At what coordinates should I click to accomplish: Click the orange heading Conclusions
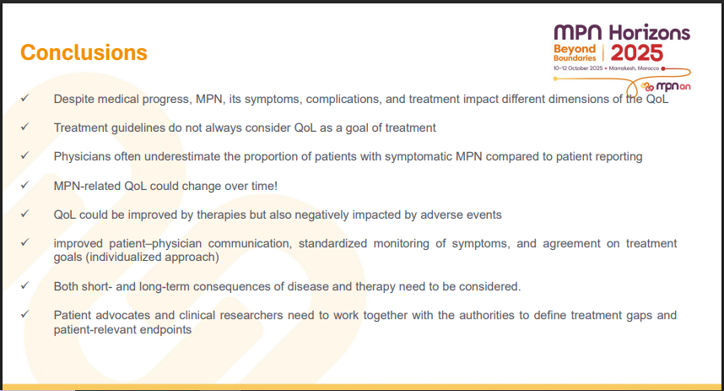coord(84,52)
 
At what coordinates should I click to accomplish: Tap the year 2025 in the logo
coord(637,53)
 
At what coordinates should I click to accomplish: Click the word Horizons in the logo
coord(649,32)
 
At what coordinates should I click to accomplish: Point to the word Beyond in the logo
coord(575,48)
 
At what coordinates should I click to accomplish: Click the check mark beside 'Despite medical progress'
coord(25,98)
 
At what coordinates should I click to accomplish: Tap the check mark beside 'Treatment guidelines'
coord(25,127)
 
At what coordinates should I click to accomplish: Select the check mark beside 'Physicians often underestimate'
coord(25,155)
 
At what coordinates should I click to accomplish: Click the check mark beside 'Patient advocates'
coord(25,314)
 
